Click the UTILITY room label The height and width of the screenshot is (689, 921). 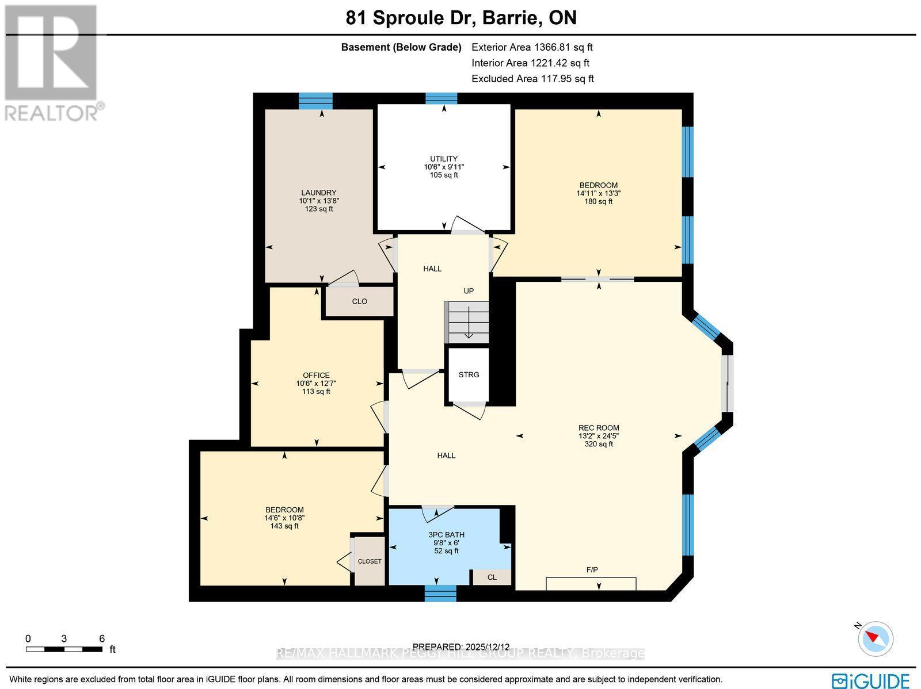coord(444,159)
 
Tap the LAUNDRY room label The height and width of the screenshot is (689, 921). coord(319,193)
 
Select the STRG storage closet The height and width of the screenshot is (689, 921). coord(469,374)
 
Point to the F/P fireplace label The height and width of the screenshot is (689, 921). coord(592,569)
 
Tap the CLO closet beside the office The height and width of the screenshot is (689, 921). coord(359,301)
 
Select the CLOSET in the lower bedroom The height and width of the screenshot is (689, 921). coord(370,561)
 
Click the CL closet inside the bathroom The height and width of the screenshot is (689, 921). coord(492,577)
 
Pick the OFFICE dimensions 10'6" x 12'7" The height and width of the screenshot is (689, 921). coord(316,384)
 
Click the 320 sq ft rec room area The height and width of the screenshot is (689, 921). coord(599,444)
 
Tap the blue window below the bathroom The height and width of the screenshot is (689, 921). coord(440,593)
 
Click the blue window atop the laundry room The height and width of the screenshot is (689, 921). coord(315,101)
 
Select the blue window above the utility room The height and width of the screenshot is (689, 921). coord(442,98)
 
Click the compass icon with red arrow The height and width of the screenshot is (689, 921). coord(876,638)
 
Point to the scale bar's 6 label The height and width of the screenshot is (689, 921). coord(102,638)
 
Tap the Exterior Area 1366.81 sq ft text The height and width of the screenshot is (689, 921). coord(532,47)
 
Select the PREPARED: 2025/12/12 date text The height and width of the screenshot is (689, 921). coord(461,646)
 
